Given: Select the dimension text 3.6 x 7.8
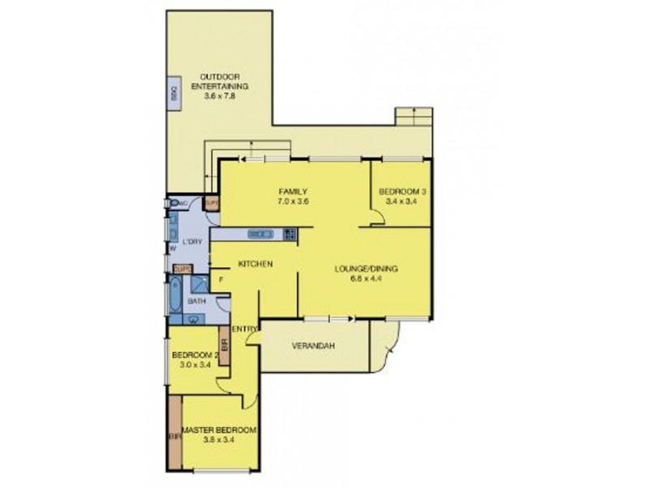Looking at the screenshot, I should (219, 96).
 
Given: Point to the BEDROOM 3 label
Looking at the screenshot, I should (401, 192).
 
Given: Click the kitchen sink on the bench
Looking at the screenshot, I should (261, 234).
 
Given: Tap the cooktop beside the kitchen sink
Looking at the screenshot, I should (289, 234).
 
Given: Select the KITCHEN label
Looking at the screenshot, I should (254, 265).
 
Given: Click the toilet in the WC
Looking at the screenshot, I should (174, 205).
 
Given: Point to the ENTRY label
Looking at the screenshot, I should (244, 329).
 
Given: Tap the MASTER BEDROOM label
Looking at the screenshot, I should (218, 429).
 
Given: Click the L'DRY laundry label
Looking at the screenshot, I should (192, 242).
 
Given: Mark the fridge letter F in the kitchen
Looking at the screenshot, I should (221, 280).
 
